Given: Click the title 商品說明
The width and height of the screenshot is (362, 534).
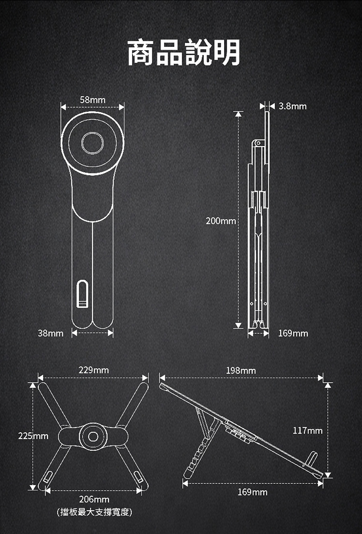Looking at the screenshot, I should click(x=184, y=52).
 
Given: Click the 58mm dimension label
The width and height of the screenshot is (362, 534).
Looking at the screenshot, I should click(x=93, y=100).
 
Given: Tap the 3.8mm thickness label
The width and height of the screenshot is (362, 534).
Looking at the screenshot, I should click(x=292, y=106).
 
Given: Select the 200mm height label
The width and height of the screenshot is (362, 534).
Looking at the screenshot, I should click(x=221, y=221).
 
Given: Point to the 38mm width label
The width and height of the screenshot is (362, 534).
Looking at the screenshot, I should click(x=51, y=333).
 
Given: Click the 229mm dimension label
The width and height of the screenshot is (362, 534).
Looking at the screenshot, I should click(x=94, y=370).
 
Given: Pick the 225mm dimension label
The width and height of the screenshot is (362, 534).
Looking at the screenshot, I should click(x=33, y=436).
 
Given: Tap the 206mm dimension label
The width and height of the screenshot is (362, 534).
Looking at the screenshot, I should click(x=94, y=499).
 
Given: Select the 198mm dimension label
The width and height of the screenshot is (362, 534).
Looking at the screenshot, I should click(x=241, y=370).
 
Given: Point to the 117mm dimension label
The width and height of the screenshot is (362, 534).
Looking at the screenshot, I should click(x=307, y=431).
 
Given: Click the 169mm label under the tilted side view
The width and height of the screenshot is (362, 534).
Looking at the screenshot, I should click(x=252, y=492).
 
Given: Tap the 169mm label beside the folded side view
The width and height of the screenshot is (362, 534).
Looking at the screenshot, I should click(x=293, y=333).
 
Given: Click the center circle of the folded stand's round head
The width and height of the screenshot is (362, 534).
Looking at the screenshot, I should click(x=93, y=143).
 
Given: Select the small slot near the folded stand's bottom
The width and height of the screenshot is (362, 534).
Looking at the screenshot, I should click(x=82, y=294).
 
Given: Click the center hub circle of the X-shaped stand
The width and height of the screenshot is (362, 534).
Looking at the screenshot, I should click(x=93, y=437).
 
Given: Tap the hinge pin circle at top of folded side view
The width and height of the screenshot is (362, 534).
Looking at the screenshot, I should click(x=258, y=143).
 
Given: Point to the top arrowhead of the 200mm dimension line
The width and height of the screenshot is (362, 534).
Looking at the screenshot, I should click(x=239, y=114).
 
